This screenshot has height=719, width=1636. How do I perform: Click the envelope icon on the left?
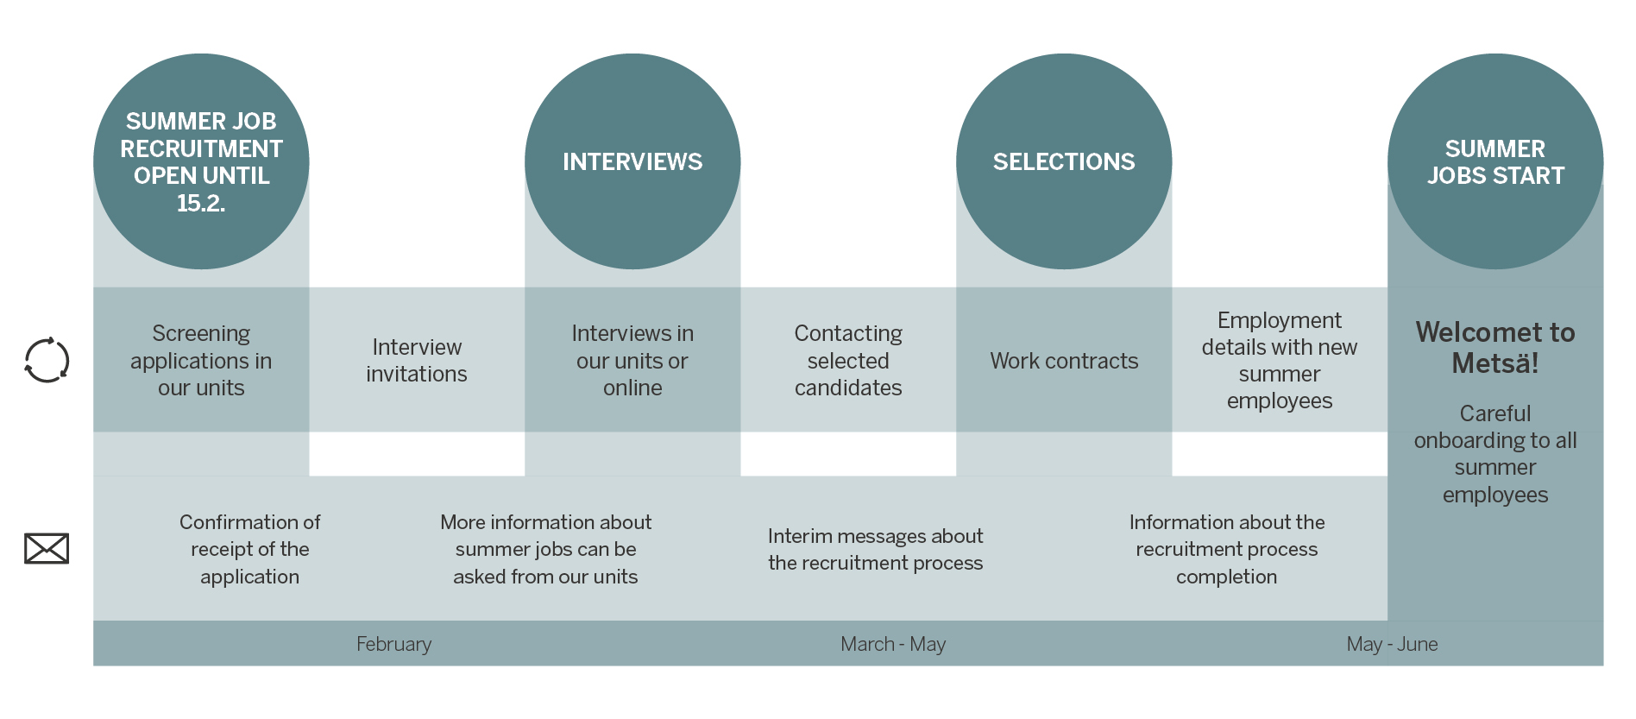(x=47, y=549)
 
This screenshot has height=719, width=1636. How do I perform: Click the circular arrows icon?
(x=47, y=360)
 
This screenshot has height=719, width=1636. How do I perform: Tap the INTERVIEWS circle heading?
(x=632, y=162)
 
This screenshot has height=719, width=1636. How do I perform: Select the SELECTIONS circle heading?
(x=1064, y=162)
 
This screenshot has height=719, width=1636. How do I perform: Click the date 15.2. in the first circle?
(x=201, y=204)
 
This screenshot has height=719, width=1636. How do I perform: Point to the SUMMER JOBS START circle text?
(x=1495, y=162)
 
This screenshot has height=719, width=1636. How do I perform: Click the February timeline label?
(x=393, y=644)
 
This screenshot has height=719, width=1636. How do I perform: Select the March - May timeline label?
(x=893, y=644)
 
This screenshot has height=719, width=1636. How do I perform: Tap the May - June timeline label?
(x=1392, y=644)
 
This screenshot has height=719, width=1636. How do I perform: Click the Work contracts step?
(x=1064, y=361)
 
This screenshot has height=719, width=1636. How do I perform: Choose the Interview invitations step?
(x=417, y=361)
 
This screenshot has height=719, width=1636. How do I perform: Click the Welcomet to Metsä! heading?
(x=1495, y=347)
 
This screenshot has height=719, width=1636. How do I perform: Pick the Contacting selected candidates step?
(x=848, y=361)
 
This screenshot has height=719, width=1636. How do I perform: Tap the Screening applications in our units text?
(x=201, y=361)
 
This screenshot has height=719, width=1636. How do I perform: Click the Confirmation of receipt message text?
(x=250, y=549)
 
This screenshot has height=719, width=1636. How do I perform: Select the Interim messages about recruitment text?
(x=875, y=549)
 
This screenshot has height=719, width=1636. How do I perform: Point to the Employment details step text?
(x=1280, y=361)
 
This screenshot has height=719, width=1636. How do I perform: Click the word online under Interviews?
(x=632, y=388)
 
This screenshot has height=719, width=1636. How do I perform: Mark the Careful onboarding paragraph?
(x=1495, y=454)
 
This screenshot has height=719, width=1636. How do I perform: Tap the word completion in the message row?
(x=1226, y=577)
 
